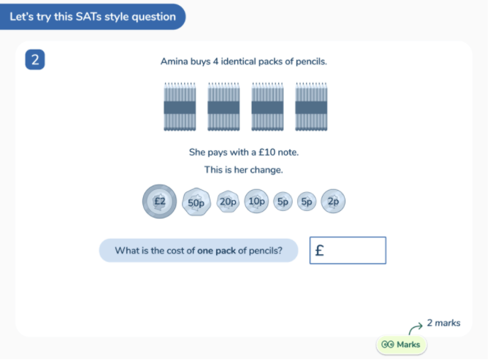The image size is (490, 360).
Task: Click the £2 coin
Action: coord(159,202)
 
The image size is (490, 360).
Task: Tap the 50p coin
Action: coord(196,202)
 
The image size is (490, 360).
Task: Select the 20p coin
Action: coord(228,202)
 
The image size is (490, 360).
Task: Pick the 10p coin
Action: coord(256,202)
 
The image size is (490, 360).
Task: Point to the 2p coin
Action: coord(333,202)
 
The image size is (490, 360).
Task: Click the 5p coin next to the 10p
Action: coord(283,202)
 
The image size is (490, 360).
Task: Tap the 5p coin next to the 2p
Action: coord(307,202)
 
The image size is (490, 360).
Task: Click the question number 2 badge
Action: coord(35,60)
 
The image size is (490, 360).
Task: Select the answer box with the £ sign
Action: coord(348,250)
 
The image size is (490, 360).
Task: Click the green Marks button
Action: coord(401,345)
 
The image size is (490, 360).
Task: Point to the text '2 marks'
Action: coord(443,323)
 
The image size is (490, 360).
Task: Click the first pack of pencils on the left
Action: coord(180,107)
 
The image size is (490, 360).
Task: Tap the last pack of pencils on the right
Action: coord(311,107)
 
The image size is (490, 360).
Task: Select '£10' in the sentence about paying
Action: coord(267,153)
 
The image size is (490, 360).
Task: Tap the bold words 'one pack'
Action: coord(217,250)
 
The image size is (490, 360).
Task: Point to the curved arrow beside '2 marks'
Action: coord(416,329)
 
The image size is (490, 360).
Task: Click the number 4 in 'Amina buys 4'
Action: coord(215,61)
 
